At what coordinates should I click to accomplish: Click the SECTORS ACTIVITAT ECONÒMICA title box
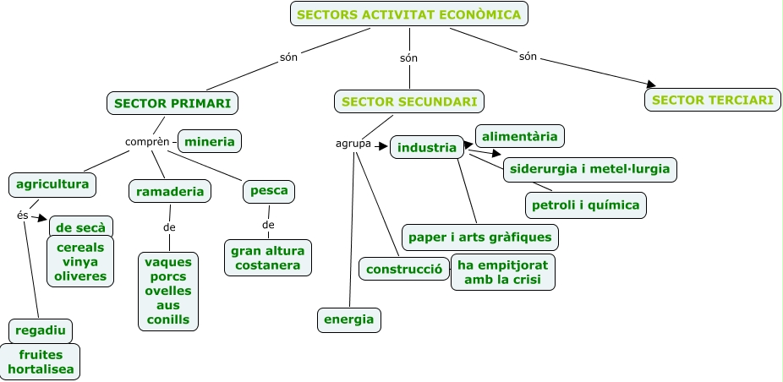(409, 14)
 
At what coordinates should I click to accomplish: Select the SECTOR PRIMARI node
(172, 103)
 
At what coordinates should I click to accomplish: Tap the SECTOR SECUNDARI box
(410, 102)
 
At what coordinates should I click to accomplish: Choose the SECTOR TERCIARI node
(713, 100)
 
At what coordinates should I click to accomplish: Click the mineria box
(210, 141)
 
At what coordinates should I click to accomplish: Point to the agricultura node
(52, 183)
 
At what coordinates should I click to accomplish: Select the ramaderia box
(170, 192)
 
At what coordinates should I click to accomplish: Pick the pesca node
(270, 191)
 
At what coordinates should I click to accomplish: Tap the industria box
(427, 147)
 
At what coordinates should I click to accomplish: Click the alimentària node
(520, 135)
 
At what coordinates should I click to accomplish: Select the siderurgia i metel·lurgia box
(589, 169)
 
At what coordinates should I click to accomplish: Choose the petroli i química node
(586, 205)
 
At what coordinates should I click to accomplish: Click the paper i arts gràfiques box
(479, 237)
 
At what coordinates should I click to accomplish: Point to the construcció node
(402, 269)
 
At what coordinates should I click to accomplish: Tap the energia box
(348, 319)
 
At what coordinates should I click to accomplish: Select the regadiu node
(41, 330)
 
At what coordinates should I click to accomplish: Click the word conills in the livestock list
(167, 319)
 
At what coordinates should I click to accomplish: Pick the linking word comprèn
(147, 141)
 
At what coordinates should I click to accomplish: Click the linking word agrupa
(353, 144)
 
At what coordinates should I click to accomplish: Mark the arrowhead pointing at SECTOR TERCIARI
(650, 84)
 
